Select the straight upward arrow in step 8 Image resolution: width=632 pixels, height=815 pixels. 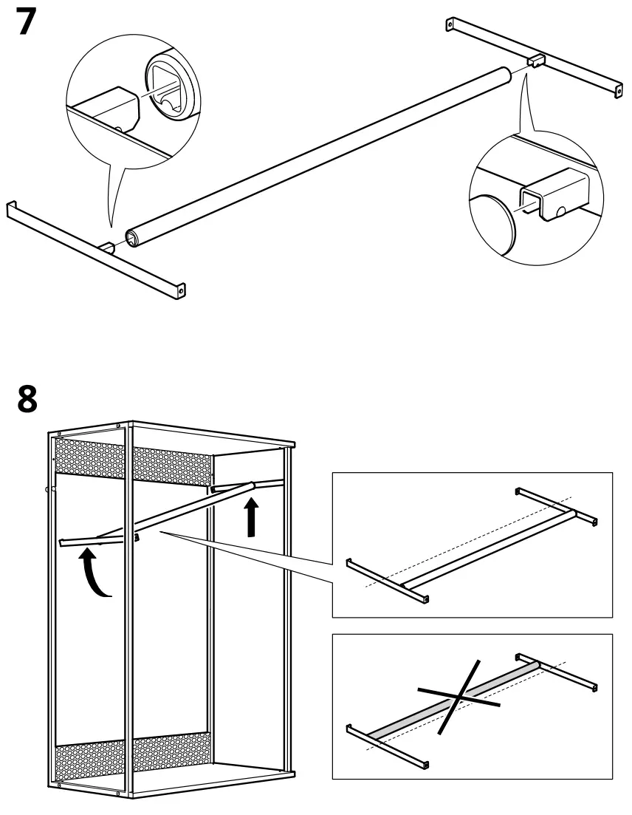[253, 516]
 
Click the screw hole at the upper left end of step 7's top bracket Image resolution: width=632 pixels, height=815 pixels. [449, 27]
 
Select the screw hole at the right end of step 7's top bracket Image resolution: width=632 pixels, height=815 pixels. [618, 90]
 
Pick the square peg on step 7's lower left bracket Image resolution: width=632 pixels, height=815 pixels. [108, 246]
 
